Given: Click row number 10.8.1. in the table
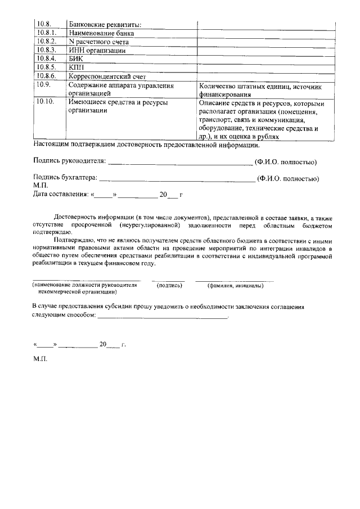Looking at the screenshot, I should point(46,33).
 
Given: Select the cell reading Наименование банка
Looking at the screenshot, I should point(101,33).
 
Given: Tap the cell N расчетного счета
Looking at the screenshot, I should point(98,42).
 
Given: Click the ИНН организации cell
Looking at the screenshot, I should point(97,51).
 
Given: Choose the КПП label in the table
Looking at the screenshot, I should point(76,67).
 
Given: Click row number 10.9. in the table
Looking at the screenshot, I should point(43,85).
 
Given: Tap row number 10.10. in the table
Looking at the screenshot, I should point(44,103).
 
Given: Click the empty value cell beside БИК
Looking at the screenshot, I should point(265,58).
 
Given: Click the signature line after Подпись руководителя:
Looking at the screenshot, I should point(180,164).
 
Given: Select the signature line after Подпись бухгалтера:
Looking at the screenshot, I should point(177,180).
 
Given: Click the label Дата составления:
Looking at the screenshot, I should point(60,195).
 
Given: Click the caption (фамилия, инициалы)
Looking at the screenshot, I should point(236,286).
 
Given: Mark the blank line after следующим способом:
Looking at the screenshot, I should point(163,317).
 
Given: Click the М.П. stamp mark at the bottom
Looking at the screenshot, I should point(41,359).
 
